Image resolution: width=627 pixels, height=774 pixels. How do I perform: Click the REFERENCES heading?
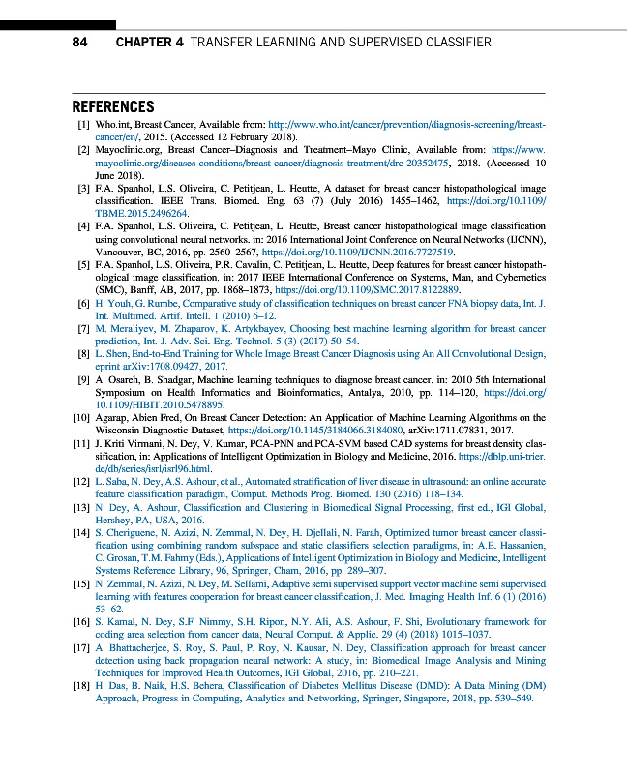click(113, 107)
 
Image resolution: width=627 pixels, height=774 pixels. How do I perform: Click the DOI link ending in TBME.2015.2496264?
click(126, 213)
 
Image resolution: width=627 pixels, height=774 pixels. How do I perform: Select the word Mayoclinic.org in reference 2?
click(128, 151)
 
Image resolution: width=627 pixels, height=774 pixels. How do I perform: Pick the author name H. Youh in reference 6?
click(112, 304)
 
